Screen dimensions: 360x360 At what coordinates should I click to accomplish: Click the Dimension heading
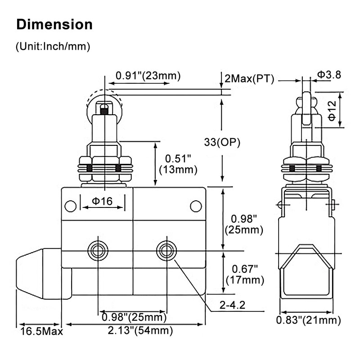pos(54,24)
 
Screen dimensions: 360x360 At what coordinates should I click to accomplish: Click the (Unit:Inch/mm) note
pos(53,46)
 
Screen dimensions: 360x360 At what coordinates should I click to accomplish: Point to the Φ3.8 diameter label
pos(329,74)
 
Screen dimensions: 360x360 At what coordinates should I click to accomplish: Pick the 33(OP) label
pos(222,142)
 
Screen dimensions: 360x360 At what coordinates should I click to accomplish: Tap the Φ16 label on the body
pos(102,202)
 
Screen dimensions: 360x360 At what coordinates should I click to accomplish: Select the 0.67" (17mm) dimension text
pos(247,274)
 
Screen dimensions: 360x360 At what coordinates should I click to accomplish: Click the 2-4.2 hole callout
pos(233,306)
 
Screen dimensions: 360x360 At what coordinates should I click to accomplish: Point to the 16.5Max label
pos(41,332)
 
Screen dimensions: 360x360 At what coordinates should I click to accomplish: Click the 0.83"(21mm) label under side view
pos(308,320)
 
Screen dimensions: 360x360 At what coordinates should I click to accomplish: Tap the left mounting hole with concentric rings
pos(98,251)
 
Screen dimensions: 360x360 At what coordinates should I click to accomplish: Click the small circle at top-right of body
pos(196,206)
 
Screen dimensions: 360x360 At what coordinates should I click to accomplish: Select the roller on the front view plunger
pos(104,104)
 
